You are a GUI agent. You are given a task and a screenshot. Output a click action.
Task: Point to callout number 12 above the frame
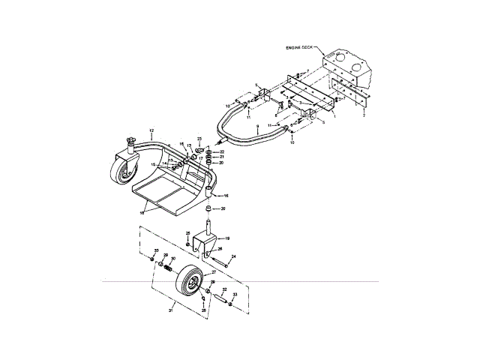pyautogui.click(x=151, y=131)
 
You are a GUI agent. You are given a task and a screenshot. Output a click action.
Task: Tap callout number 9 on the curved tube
pyautogui.click(x=256, y=127)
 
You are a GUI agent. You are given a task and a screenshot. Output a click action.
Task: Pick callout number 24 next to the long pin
pyautogui.click(x=234, y=256)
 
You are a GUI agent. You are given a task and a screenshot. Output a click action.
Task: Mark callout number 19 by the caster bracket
pyautogui.click(x=227, y=238)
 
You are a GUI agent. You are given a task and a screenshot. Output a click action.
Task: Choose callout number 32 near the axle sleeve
pyautogui.click(x=224, y=289)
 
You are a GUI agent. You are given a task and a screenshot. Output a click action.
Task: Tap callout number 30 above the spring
pyautogui.click(x=173, y=259)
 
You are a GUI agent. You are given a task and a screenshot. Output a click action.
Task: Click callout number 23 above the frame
pyautogui.click(x=200, y=139)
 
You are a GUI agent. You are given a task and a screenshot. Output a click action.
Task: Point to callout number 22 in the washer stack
pyautogui.click(x=222, y=152)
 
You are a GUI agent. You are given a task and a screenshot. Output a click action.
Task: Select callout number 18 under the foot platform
pyautogui.click(x=142, y=214)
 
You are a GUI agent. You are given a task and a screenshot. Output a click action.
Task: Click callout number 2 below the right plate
pyautogui.click(x=364, y=116)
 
